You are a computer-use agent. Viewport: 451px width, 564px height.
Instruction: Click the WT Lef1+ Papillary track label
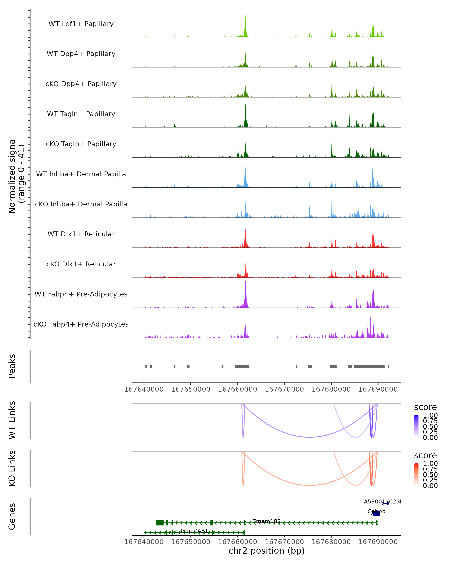click(x=81, y=24)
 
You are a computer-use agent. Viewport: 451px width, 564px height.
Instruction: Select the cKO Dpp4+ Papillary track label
click(x=81, y=84)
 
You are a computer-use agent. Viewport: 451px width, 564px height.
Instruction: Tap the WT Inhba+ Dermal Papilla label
click(x=81, y=174)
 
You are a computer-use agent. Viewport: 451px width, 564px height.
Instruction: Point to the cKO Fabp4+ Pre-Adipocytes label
click(x=81, y=324)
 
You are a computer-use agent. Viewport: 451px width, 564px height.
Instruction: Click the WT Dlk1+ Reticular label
click(x=81, y=234)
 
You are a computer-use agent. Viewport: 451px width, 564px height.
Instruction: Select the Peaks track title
click(x=12, y=366)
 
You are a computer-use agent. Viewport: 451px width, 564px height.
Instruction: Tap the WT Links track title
click(x=12, y=420)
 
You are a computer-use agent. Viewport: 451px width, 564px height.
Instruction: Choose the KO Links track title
click(x=12, y=468)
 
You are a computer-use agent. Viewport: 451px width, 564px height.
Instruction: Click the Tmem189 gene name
click(x=266, y=521)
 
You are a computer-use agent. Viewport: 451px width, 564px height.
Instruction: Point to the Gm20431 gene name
click(x=194, y=531)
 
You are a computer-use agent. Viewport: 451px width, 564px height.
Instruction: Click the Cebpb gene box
click(x=376, y=513)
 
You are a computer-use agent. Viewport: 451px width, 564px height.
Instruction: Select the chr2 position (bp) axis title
click(x=266, y=551)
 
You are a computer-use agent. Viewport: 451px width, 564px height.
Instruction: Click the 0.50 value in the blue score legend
click(x=430, y=426)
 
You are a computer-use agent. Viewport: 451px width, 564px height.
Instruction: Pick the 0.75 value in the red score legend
click(x=430, y=469)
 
